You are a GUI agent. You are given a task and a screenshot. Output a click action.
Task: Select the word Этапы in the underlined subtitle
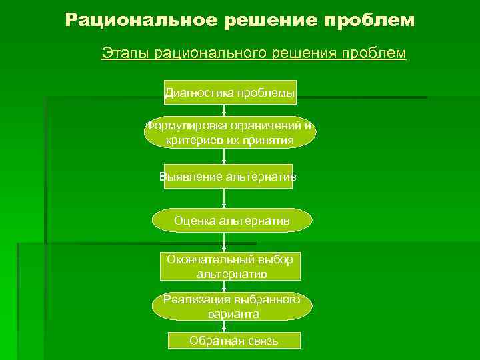(125, 53)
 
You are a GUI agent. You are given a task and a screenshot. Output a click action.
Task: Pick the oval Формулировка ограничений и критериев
(230, 133)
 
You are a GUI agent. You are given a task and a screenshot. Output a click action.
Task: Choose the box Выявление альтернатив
(228, 177)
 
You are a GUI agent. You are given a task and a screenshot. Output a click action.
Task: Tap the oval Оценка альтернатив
(231, 220)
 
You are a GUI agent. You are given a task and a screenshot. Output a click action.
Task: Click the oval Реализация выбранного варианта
(231, 306)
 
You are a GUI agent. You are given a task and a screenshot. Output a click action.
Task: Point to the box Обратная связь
(233, 341)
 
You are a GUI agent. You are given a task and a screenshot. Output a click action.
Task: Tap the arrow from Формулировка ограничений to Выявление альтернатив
(225, 156)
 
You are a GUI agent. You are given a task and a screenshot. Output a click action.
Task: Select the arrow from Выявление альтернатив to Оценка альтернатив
(225, 198)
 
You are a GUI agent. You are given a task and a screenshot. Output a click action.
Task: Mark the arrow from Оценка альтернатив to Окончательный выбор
(224, 241)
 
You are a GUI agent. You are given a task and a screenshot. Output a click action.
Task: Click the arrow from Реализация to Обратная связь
(224, 326)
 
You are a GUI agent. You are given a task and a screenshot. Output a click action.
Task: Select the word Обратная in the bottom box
(211, 341)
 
